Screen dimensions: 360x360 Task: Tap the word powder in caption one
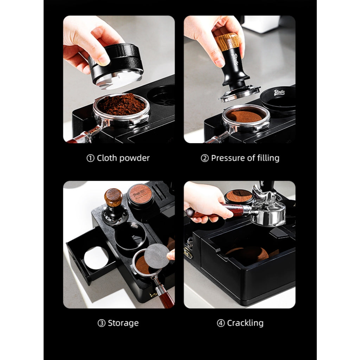pyautogui.click(x=135, y=158)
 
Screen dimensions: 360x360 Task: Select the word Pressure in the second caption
pyautogui.click(x=227, y=158)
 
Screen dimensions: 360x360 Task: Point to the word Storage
pyautogui.click(x=123, y=323)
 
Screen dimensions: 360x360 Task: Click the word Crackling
pyautogui.click(x=245, y=323)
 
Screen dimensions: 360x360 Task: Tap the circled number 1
pyautogui.click(x=90, y=158)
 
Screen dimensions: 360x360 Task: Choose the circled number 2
pyautogui.click(x=205, y=158)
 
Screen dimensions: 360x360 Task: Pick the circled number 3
pyautogui.click(x=102, y=323)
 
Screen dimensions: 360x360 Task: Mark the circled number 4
pyautogui.click(x=221, y=323)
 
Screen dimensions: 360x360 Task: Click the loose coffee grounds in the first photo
pyautogui.click(x=122, y=104)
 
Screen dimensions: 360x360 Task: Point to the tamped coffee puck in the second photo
pyautogui.click(x=245, y=116)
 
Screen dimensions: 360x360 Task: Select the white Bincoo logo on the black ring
pyautogui.click(x=279, y=92)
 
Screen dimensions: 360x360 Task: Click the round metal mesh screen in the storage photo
pyautogui.click(x=157, y=255)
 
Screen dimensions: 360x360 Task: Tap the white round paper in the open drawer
pyautogui.click(x=96, y=258)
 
